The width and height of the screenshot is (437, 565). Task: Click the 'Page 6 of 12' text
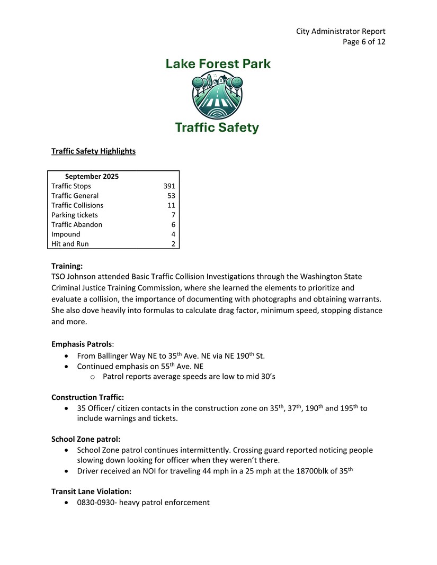(364, 42)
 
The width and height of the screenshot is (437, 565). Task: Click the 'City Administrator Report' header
(341, 31)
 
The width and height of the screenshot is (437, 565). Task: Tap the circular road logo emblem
(218, 96)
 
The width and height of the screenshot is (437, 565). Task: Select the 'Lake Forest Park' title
(218, 64)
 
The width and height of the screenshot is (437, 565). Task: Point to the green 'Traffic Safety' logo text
(217, 127)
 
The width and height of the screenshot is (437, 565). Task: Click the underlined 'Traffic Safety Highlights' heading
(93, 151)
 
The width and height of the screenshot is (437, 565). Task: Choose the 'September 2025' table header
(92, 176)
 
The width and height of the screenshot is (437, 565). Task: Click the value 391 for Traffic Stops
(169, 186)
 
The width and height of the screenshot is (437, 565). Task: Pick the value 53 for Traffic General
(171, 196)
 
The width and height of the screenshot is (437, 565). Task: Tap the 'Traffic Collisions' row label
(77, 205)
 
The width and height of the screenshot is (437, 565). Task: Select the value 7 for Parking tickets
(173, 215)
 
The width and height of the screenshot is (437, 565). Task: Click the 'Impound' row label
(66, 234)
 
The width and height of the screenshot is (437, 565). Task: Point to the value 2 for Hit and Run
(173, 244)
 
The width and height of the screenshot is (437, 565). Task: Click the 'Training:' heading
(67, 266)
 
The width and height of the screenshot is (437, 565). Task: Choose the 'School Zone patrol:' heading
(85, 439)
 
